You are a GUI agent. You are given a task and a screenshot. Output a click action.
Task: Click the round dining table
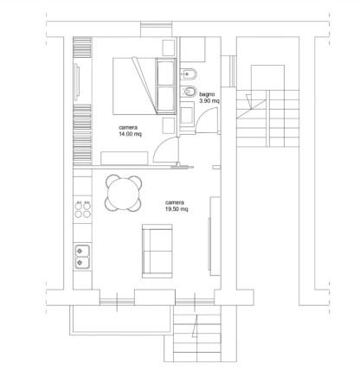(124, 193)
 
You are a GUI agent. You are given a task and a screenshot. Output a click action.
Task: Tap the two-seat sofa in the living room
(157, 251)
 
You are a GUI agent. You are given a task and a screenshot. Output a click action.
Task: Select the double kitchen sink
(82, 257)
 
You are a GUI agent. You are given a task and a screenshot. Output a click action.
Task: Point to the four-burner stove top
(83, 210)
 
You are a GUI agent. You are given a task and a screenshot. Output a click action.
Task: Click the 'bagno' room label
(207, 94)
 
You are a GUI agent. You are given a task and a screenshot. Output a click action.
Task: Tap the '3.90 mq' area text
(209, 101)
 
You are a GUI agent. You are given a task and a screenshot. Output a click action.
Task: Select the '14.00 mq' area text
(130, 134)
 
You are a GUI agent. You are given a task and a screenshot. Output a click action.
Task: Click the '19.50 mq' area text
(177, 209)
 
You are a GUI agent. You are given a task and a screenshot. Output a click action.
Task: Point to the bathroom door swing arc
(202, 114)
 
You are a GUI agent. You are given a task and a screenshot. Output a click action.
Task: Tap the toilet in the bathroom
(189, 74)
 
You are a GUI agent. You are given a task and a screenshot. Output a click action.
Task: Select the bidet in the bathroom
(189, 92)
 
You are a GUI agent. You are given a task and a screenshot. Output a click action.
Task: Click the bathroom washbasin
(187, 116)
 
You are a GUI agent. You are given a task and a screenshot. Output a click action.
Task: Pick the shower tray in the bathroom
(192, 49)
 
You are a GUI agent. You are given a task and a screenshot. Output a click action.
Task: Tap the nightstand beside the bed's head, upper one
(169, 48)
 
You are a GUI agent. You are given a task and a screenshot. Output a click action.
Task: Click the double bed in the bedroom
(145, 86)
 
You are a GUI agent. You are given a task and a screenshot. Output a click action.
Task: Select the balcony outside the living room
(121, 320)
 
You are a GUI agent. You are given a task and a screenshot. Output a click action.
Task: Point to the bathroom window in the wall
(233, 71)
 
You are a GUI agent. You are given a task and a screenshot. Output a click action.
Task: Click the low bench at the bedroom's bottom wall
(125, 158)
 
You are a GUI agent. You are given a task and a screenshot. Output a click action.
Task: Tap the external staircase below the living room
(197, 334)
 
